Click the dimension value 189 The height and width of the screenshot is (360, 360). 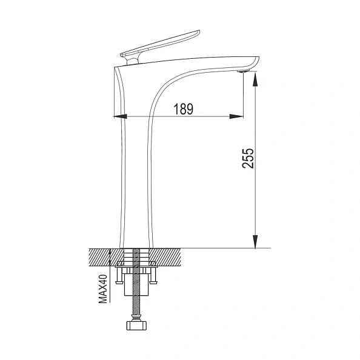(x=183, y=109)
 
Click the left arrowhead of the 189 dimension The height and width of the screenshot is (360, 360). (x=119, y=116)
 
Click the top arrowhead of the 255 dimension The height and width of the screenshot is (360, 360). (x=255, y=75)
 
